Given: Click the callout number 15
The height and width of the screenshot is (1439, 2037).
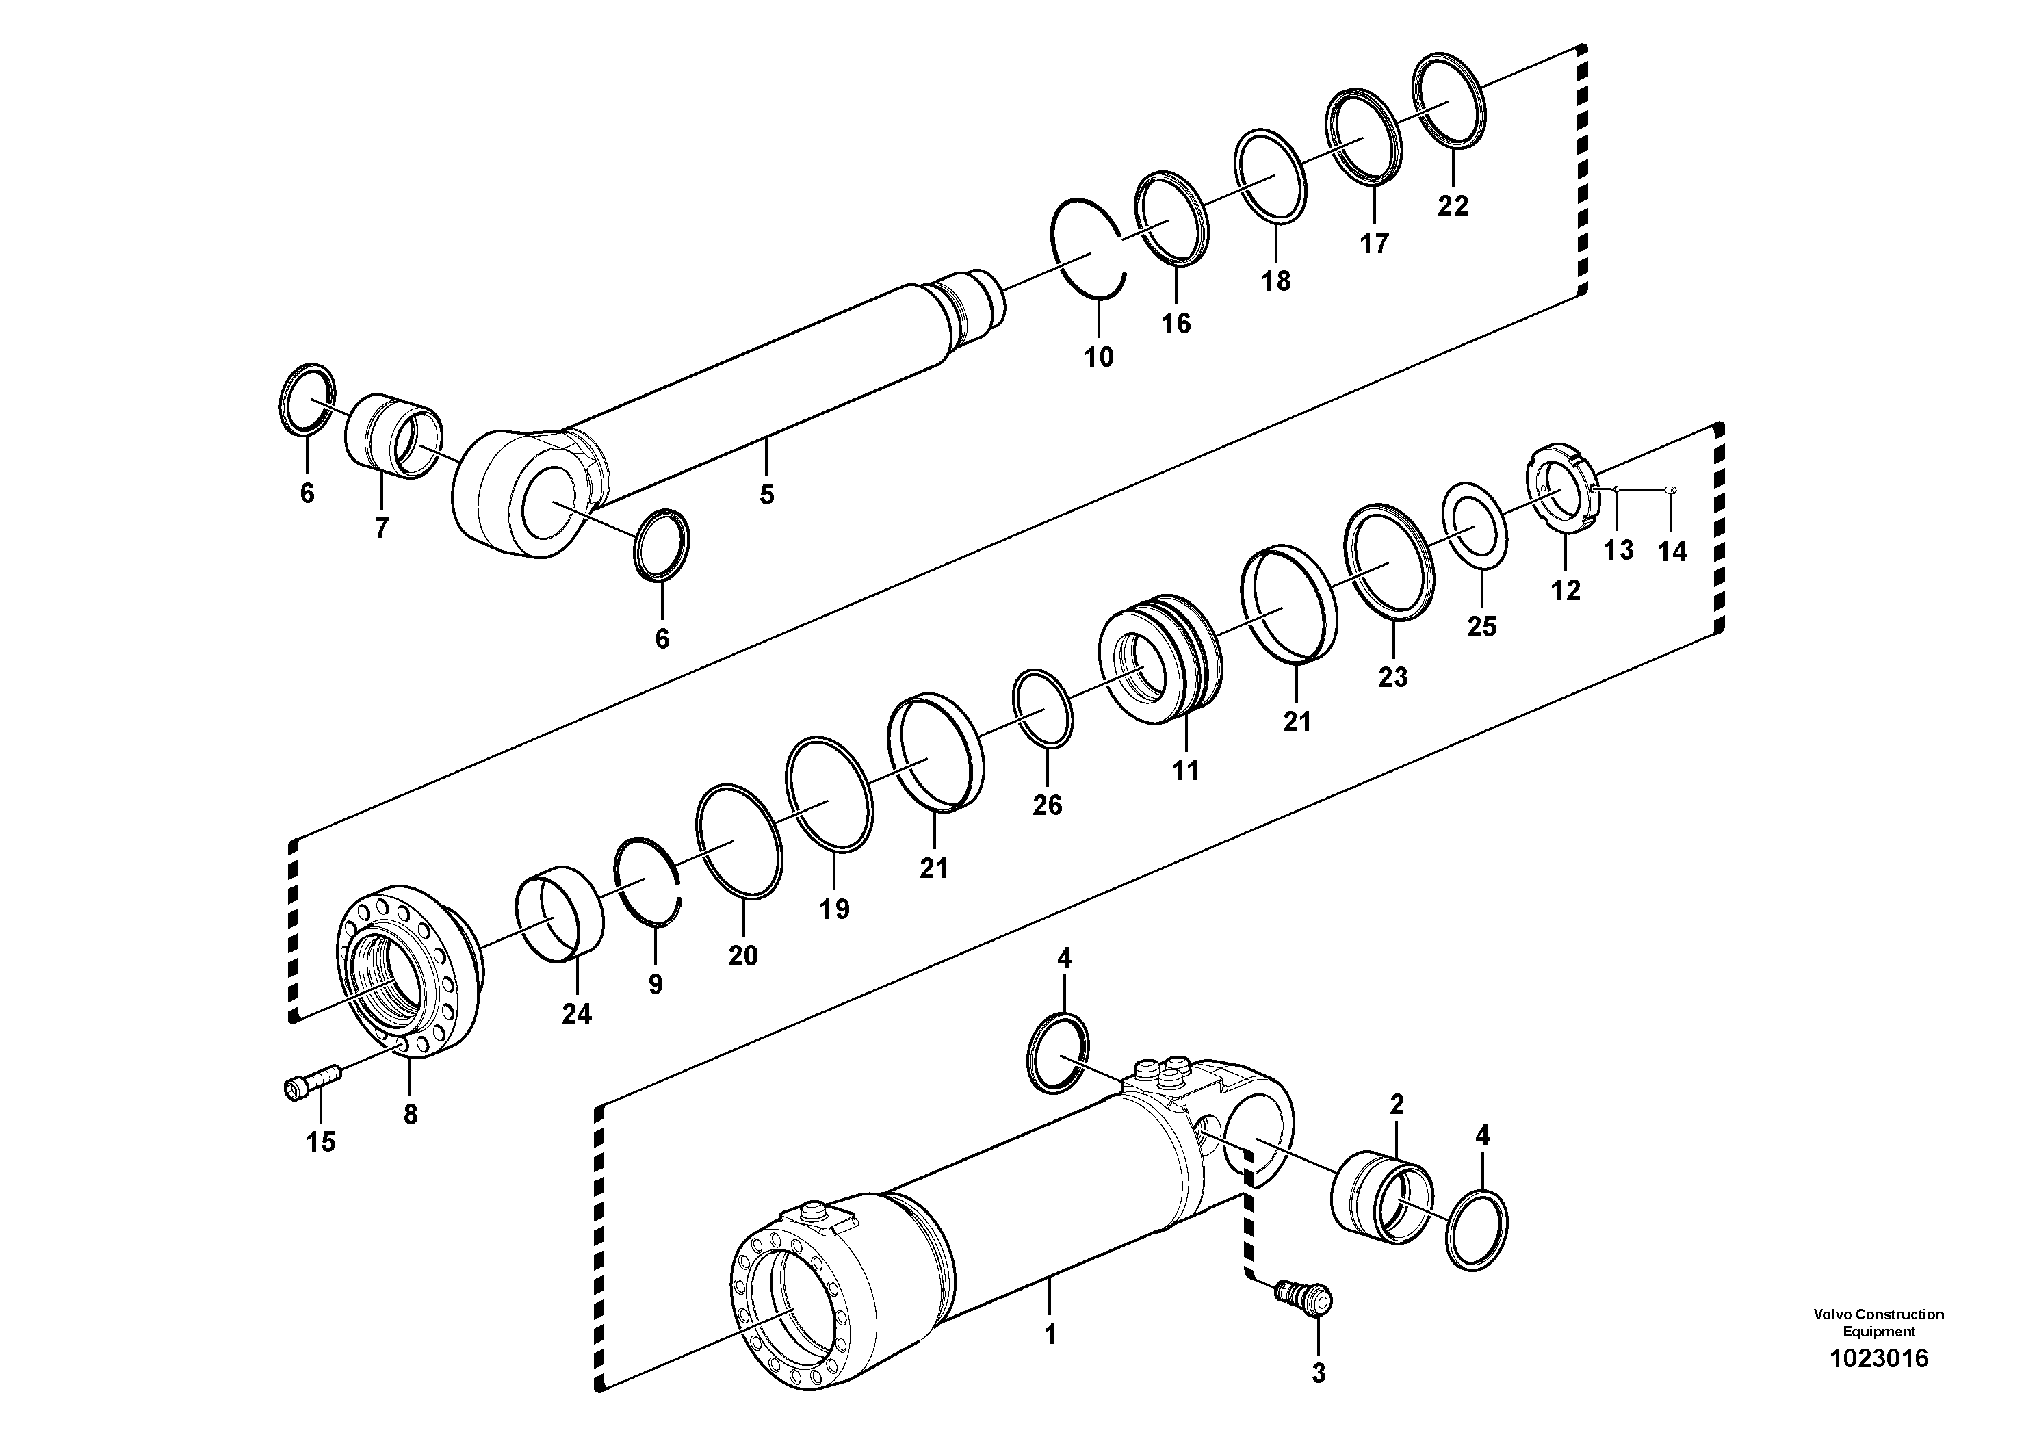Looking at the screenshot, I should point(321,1142).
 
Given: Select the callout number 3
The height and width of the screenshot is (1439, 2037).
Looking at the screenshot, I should point(1319,1374).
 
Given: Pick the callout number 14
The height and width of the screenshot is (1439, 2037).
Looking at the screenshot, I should point(1672,552).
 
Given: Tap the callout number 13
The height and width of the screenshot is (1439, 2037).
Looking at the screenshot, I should point(1618,550).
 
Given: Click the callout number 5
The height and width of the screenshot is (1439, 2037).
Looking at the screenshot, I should point(766,494).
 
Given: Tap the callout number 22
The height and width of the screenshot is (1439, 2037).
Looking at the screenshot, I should point(1453,206).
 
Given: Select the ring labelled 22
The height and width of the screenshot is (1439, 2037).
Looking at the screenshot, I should point(1448,101).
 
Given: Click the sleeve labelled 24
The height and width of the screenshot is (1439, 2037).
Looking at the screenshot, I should point(560,913).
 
